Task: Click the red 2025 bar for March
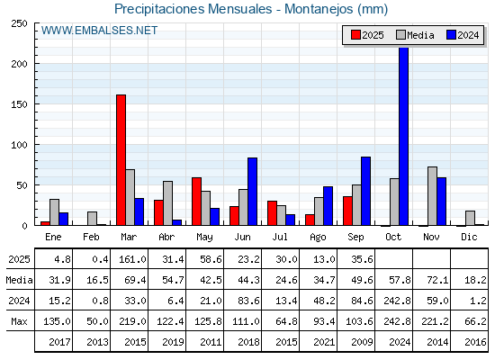point(121,160)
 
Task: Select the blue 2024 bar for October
point(403,136)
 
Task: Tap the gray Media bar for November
point(432,196)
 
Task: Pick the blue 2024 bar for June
point(252,192)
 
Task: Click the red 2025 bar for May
point(196,202)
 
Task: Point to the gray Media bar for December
point(470,218)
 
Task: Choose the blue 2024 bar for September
point(365,191)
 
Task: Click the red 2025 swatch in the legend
point(355,35)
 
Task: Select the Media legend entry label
point(420,35)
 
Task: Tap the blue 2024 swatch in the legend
point(451,35)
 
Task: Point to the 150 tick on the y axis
point(19,104)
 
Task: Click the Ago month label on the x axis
point(318,238)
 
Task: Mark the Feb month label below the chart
point(91,237)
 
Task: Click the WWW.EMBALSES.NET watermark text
point(99,31)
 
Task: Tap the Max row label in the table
point(19,321)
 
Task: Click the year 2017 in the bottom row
point(59,342)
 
